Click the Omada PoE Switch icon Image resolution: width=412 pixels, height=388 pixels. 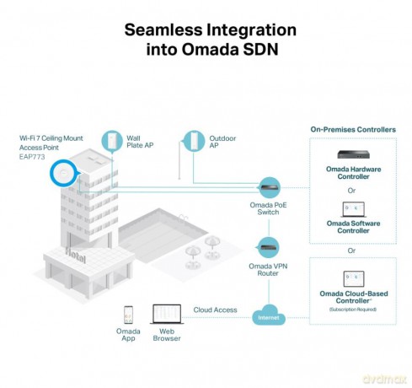click(x=269, y=187)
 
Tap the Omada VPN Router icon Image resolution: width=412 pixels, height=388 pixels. click(x=268, y=247)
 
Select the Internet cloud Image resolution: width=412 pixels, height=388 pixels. click(x=269, y=315)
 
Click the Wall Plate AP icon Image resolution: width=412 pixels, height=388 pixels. click(x=112, y=141)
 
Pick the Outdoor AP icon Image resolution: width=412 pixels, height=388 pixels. click(x=194, y=141)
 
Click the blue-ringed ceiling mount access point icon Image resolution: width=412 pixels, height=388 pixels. click(x=63, y=173)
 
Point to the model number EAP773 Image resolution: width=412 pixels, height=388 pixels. click(x=32, y=157)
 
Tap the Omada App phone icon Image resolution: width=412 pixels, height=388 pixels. click(x=128, y=315)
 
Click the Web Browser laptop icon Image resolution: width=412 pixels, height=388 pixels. click(x=167, y=314)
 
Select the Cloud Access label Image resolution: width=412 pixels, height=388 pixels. click(x=215, y=310)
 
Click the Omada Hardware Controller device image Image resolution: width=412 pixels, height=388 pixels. click(x=353, y=154)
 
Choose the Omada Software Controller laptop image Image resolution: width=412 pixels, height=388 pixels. click(x=353, y=209)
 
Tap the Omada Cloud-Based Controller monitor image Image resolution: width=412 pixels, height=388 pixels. click(x=354, y=278)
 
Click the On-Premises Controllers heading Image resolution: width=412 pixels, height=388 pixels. click(x=353, y=130)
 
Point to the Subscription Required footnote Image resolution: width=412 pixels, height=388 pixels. click(x=353, y=310)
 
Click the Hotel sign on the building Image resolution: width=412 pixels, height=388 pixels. click(x=75, y=256)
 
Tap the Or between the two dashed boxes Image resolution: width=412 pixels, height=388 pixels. click(x=351, y=251)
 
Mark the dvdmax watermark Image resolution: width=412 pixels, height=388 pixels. click(x=384, y=379)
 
